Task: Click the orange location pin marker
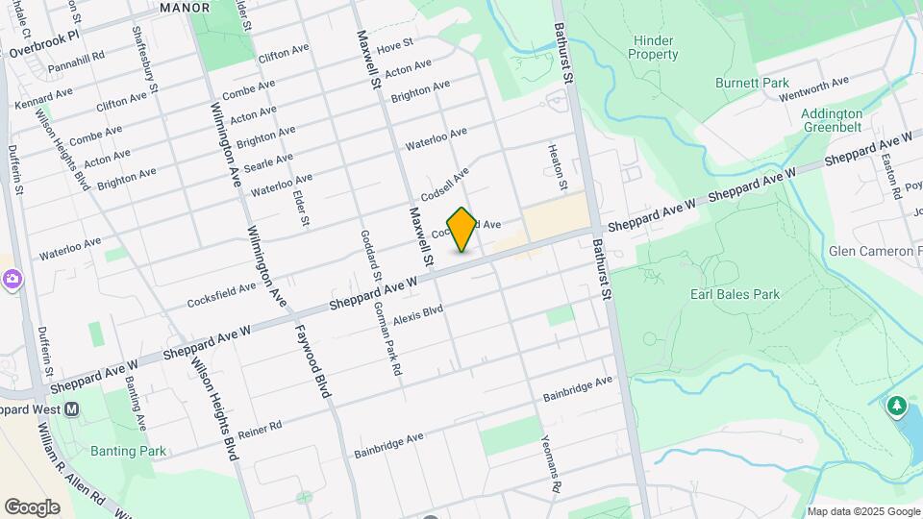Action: click(x=462, y=230)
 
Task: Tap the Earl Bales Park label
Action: click(x=735, y=294)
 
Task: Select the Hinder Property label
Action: click(x=653, y=47)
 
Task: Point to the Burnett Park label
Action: click(x=752, y=84)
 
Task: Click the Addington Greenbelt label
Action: click(x=832, y=120)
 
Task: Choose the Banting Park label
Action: click(x=128, y=451)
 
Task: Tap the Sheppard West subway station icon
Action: click(x=71, y=409)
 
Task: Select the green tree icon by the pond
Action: click(x=897, y=407)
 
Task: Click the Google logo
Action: click(x=31, y=507)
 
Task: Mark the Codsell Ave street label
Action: click(x=443, y=180)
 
